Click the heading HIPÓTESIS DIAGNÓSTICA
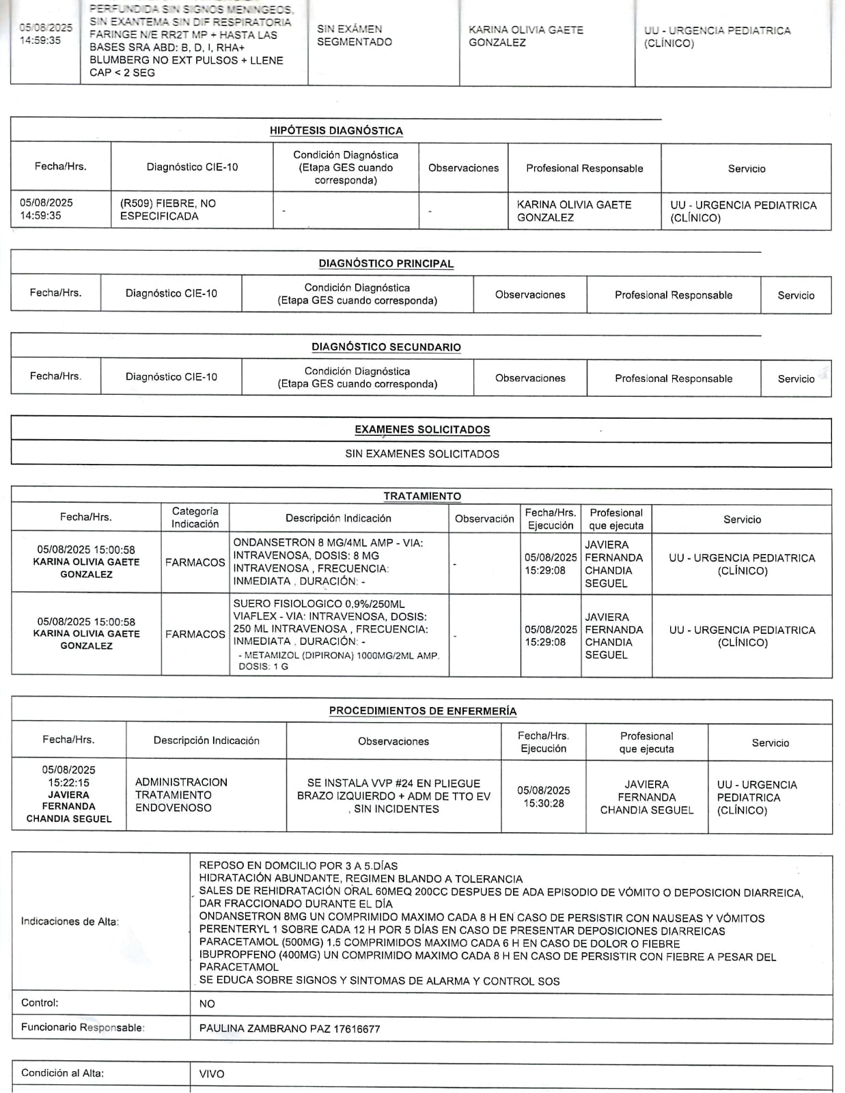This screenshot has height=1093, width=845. click(336, 130)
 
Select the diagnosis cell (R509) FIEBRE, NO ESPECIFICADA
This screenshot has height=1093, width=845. click(168, 210)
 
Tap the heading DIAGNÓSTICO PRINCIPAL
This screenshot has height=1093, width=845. click(386, 264)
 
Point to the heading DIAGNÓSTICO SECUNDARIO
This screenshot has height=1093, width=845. click(386, 347)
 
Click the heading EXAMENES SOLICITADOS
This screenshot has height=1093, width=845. click(422, 430)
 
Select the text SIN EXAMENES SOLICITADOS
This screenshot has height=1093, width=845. click(422, 454)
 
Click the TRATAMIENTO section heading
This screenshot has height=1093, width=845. click(422, 496)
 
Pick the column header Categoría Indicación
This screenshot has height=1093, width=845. click(195, 518)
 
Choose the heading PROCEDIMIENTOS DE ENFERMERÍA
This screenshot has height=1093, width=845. click(423, 711)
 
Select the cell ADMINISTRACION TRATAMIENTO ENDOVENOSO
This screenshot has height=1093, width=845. click(181, 794)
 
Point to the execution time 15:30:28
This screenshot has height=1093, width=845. click(544, 803)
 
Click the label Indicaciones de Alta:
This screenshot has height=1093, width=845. click(70, 922)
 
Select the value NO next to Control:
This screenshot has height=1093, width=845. click(207, 1004)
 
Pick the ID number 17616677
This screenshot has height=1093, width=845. click(357, 1029)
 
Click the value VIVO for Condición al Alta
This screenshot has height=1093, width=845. click(212, 1074)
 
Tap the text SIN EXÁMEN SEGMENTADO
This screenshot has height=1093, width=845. click(355, 36)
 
